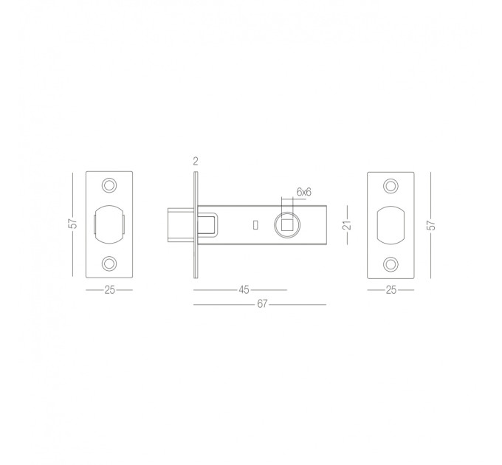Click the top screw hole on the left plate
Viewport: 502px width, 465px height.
109,185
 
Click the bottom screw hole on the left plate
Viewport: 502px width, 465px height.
109,263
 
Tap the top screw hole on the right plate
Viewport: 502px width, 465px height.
391,186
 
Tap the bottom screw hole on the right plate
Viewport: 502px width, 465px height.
391,264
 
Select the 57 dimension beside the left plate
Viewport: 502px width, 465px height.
74,224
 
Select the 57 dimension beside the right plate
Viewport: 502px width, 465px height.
432,225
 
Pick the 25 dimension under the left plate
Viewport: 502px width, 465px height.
109,290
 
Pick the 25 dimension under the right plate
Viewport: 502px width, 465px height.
391,290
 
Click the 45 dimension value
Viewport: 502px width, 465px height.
244,290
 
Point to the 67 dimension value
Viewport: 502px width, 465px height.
262,303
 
